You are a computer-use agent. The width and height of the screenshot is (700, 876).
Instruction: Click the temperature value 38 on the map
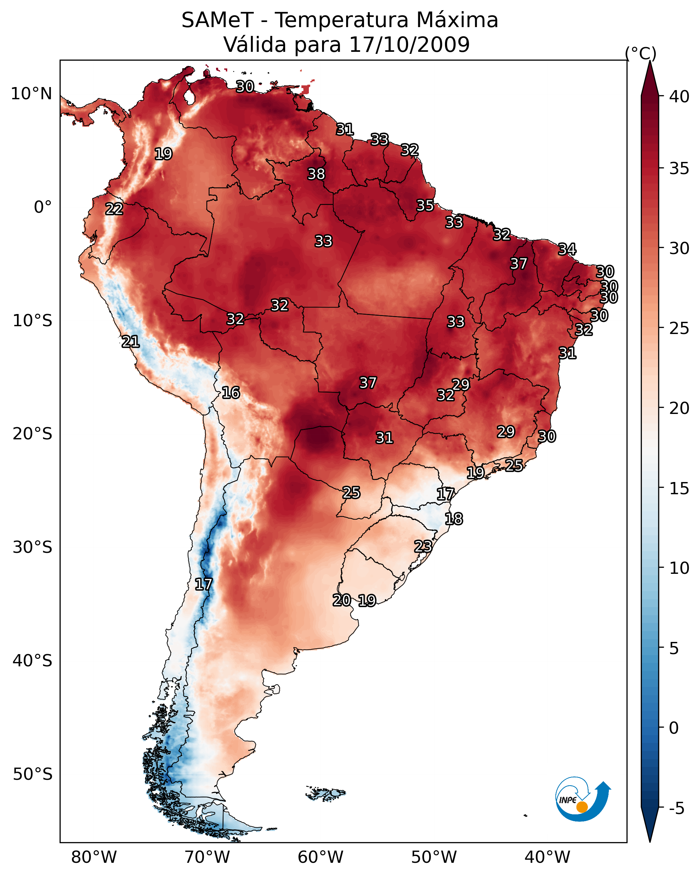[316, 174]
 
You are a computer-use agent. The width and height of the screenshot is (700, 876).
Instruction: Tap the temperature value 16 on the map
[231, 393]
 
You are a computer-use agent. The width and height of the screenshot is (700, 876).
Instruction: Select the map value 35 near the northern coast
[425, 206]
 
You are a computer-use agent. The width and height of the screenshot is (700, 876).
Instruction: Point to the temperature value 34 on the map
[567, 249]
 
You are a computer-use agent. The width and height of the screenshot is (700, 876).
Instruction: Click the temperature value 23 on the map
[423, 546]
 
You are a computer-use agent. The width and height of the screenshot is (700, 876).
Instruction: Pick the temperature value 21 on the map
[130, 342]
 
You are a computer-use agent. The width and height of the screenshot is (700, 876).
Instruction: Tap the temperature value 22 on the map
[114, 209]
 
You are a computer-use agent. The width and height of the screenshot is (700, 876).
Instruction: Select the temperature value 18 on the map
[453, 519]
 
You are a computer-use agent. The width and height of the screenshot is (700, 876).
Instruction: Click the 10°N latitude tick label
[31, 94]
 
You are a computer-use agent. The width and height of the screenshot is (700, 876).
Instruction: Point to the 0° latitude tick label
[43, 207]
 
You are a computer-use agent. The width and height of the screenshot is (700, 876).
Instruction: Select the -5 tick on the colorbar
[676, 809]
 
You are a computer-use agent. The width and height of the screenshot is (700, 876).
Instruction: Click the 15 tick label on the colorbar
[679, 488]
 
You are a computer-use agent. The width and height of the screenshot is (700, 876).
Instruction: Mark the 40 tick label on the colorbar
[679, 97]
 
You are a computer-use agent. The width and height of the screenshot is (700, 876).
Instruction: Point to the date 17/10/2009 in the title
[409, 45]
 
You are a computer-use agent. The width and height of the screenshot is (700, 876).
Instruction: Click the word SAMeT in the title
[217, 20]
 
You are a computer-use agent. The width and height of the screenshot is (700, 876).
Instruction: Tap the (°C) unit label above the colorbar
[640, 53]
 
